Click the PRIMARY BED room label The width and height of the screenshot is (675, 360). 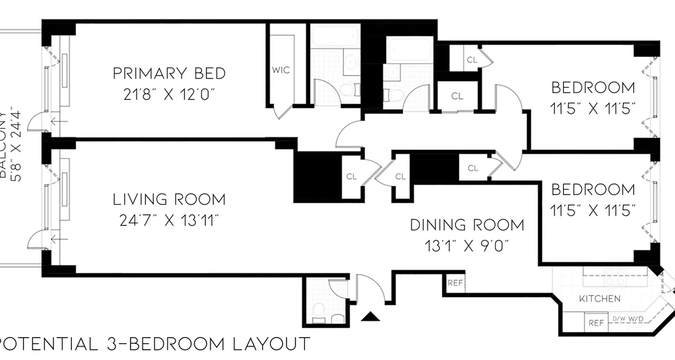tap(169, 73)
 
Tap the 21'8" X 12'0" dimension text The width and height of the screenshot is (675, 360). tap(169, 95)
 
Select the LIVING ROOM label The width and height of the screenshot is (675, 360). tap(169, 199)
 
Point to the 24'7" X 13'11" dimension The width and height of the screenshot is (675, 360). tap(169, 221)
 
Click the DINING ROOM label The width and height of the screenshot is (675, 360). tap(467, 225)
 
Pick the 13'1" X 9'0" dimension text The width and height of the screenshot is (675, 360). tap(467, 246)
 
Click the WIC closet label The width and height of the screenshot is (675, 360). tap(280, 70)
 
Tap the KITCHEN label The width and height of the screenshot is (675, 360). tap(599, 299)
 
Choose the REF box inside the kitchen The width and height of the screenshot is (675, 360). tap(596, 323)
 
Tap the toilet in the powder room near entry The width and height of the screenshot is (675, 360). tap(319, 310)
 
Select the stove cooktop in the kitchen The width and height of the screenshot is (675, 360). tap(615, 277)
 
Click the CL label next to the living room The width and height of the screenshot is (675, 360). tap(351, 176)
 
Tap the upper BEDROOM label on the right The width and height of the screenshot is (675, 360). tap(593, 87)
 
